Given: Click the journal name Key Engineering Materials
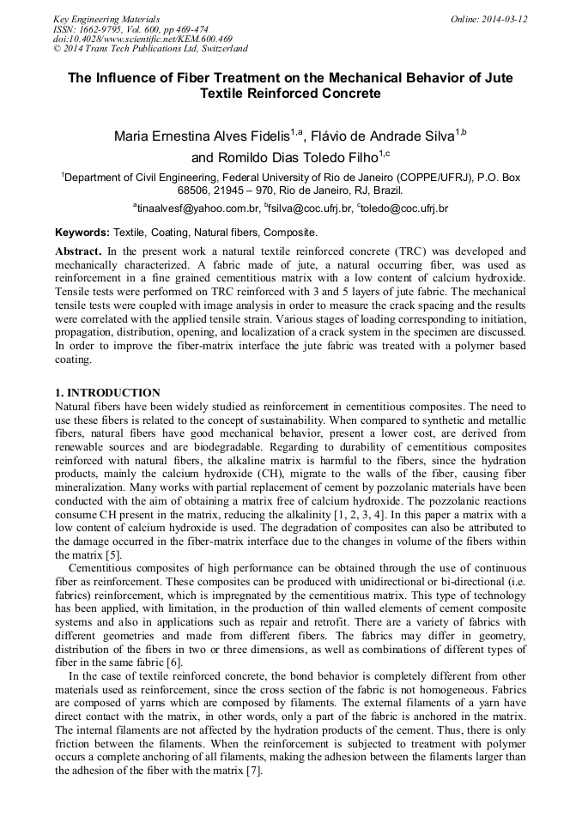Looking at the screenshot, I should coord(106,19).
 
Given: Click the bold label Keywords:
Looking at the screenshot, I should coord(82,233).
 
